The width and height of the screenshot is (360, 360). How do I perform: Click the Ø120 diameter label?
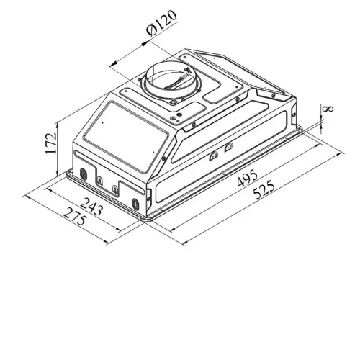(161, 22)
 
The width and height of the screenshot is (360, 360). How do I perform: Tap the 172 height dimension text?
(51, 143)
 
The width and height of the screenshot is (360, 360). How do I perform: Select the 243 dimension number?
(91, 206)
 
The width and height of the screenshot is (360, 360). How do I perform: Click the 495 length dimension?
(247, 178)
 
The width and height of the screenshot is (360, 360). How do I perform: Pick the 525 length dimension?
(264, 190)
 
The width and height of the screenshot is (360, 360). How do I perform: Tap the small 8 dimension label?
(328, 109)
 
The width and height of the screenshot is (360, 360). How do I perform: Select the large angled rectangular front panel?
(126, 138)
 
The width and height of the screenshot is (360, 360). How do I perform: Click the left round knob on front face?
(83, 174)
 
